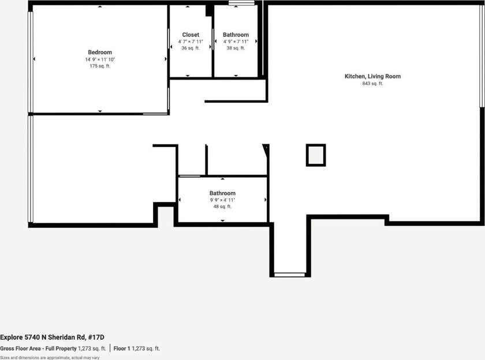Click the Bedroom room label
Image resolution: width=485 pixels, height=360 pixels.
coord(100,52)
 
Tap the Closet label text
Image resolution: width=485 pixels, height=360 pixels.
coord(191,35)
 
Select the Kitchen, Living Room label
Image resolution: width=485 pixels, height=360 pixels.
coord(372,76)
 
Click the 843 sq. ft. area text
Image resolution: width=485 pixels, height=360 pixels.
coord(372,84)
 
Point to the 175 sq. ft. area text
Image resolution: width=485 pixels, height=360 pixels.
coord(100,66)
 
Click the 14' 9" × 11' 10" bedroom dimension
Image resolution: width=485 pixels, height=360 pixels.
coord(100,59)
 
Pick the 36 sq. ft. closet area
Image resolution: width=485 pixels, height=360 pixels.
coord(191,48)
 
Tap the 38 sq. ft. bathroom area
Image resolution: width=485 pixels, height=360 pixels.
coord(236,48)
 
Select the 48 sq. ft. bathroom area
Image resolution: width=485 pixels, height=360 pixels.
coord(222,207)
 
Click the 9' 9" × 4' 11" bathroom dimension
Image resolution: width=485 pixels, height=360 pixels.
coord(222,200)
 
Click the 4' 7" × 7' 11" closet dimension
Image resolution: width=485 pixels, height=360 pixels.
coord(191,42)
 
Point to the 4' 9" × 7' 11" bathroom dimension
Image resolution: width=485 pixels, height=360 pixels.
coord(236,42)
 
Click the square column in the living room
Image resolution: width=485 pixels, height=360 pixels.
coord(316,155)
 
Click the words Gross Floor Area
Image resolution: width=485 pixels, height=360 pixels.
coord(24,348)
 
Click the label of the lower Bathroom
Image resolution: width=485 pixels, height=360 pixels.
coord(222,193)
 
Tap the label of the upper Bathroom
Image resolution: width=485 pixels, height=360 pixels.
coord(236,35)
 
